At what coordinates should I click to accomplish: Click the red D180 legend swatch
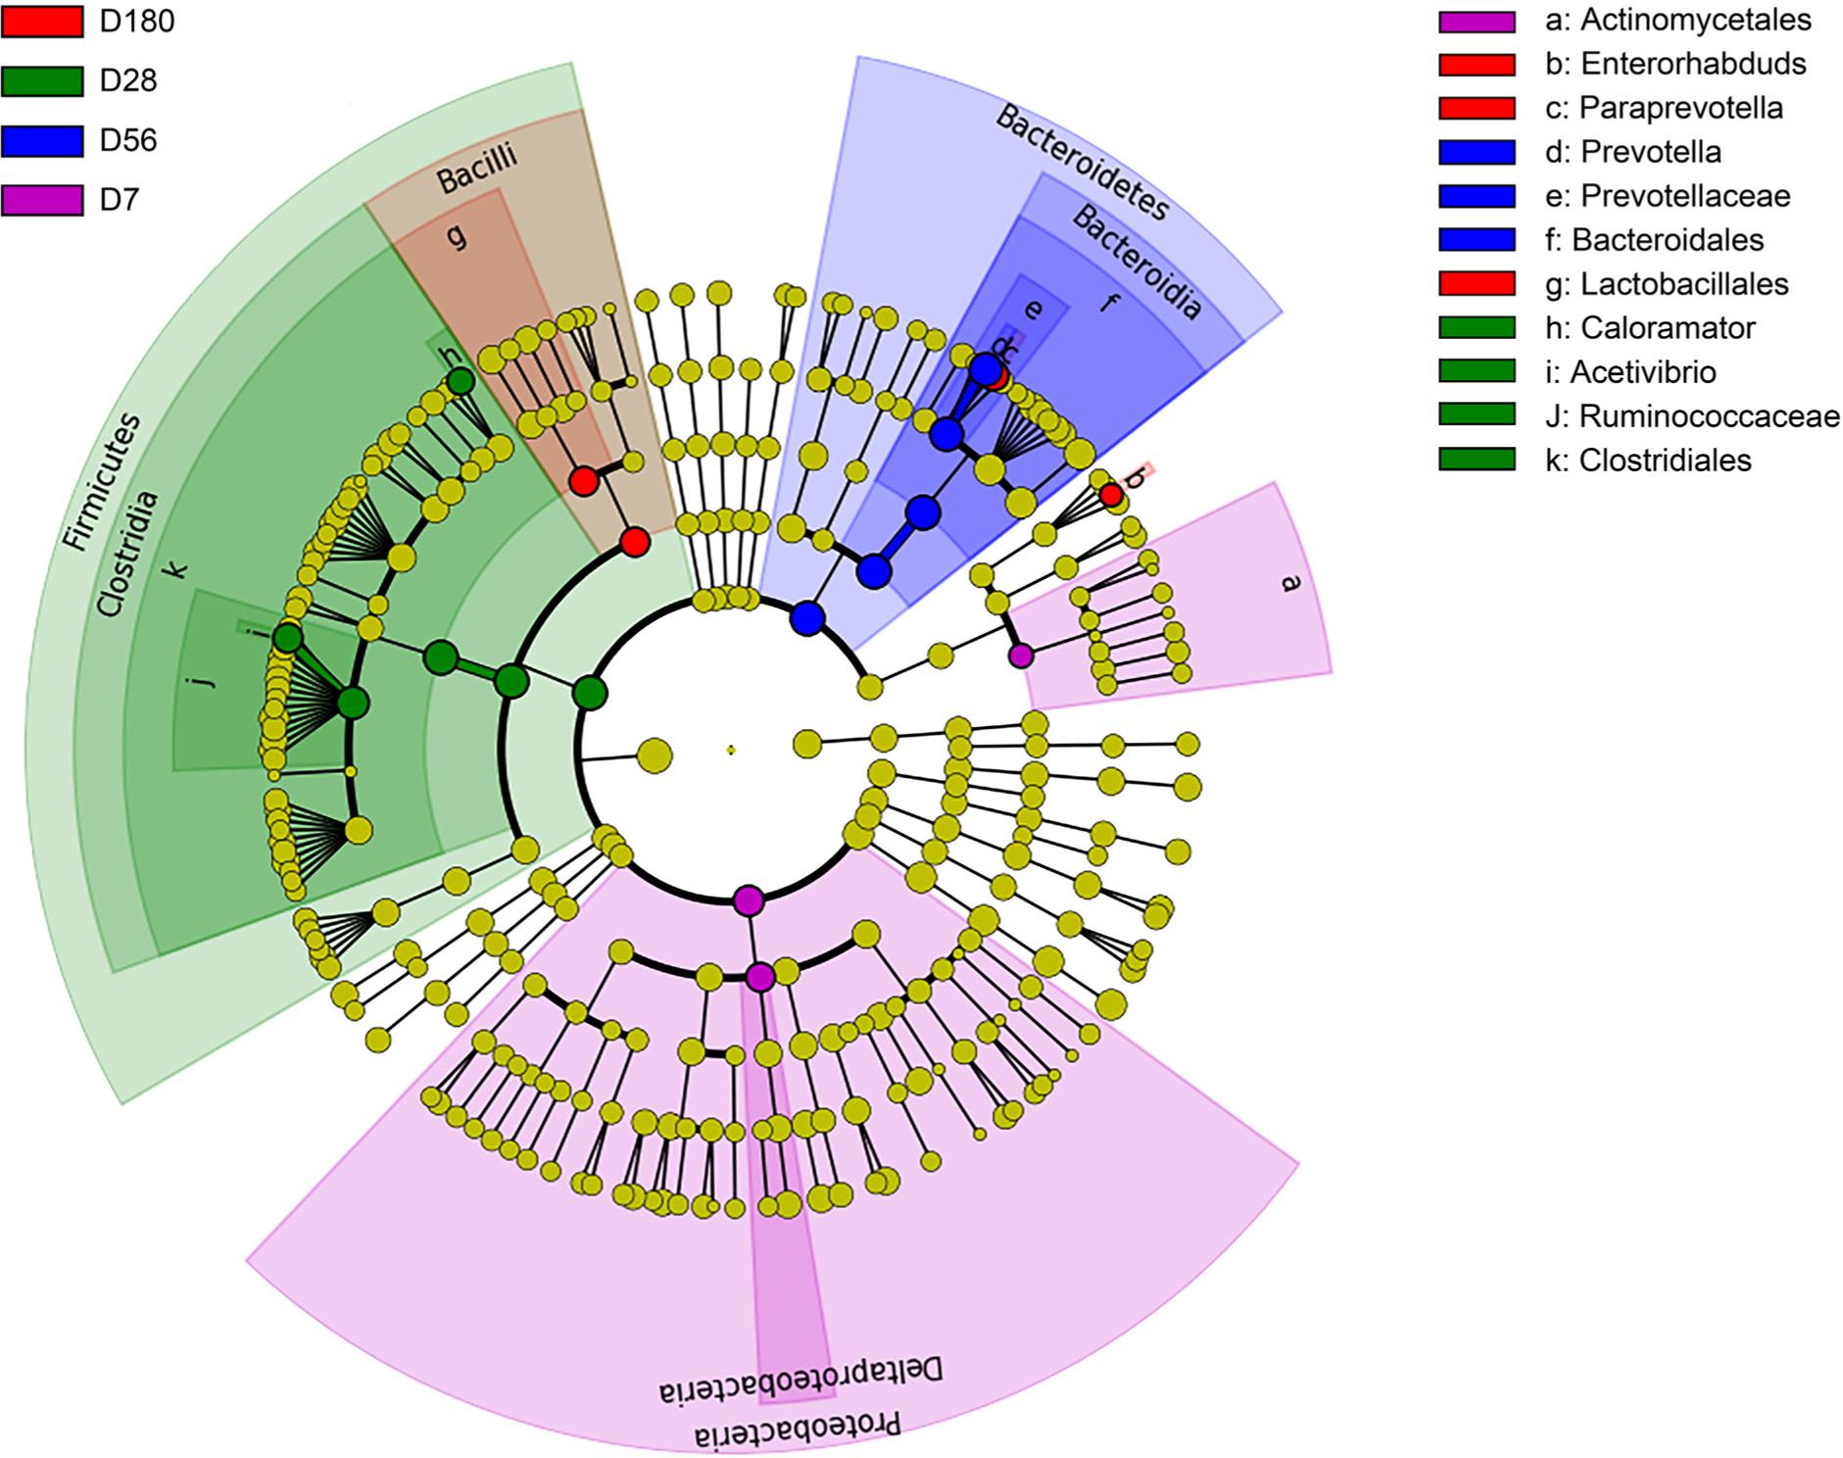[x=41, y=22]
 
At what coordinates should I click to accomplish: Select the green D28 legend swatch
[x=41, y=81]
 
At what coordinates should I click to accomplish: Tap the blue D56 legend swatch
[x=41, y=141]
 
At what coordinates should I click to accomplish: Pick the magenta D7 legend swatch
[x=41, y=201]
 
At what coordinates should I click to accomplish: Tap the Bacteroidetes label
[x=1082, y=162]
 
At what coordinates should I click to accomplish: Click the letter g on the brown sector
[x=456, y=235]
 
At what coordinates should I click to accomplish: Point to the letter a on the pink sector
[x=1289, y=582]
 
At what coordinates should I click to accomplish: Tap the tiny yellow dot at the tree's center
[x=731, y=751]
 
